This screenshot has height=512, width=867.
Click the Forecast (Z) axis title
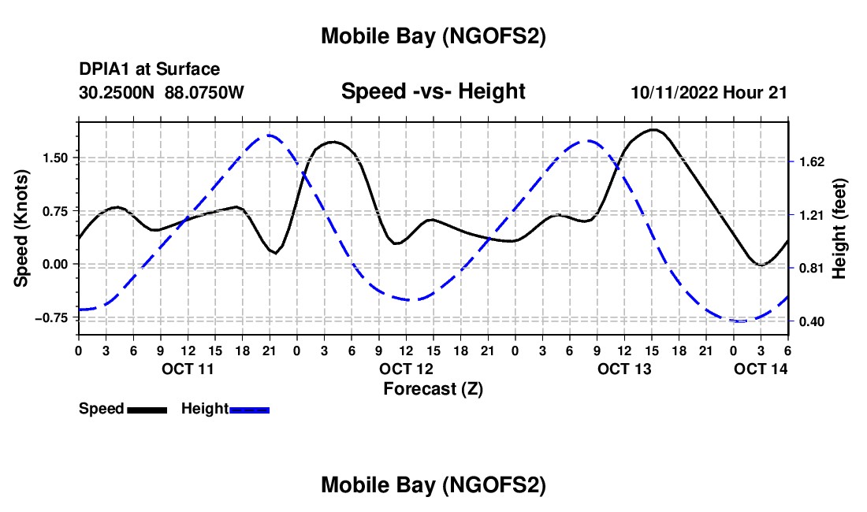coord(433,388)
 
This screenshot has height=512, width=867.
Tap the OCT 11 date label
coord(188,369)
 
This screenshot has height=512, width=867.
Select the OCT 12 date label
coord(406,369)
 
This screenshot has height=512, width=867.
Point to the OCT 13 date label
coord(624,369)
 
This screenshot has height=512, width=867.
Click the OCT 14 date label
coord(761,369)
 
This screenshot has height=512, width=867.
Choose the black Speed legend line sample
coord(147,409)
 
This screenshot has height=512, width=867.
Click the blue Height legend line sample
coord(249,409)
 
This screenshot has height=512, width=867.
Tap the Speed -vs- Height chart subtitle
coord(433,91)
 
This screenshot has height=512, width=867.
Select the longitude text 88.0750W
coord(204,92)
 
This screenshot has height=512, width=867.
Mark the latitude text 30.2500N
coord(117,92)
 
